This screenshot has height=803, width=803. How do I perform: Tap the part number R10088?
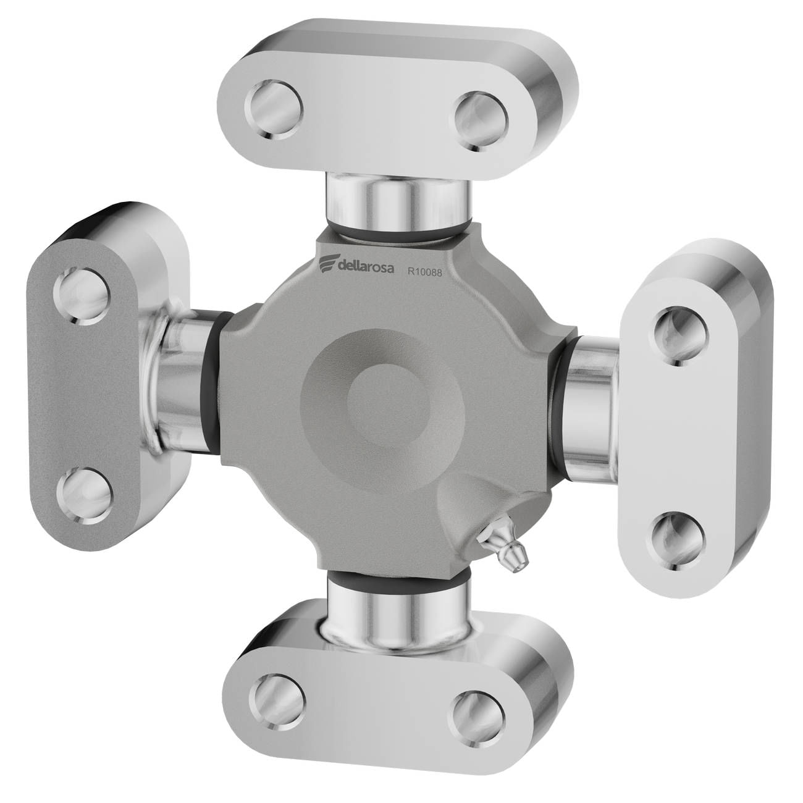(x=424, y=272)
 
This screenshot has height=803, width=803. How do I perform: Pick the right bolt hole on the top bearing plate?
(x=481, y=121)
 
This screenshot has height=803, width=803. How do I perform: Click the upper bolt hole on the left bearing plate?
(x=83, y=296)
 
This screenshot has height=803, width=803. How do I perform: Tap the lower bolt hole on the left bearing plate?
(x=85, y=497)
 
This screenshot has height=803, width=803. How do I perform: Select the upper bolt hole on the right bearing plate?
(x=681, y=336)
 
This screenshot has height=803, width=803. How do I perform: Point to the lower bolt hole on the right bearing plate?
(x=678, y=540)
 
